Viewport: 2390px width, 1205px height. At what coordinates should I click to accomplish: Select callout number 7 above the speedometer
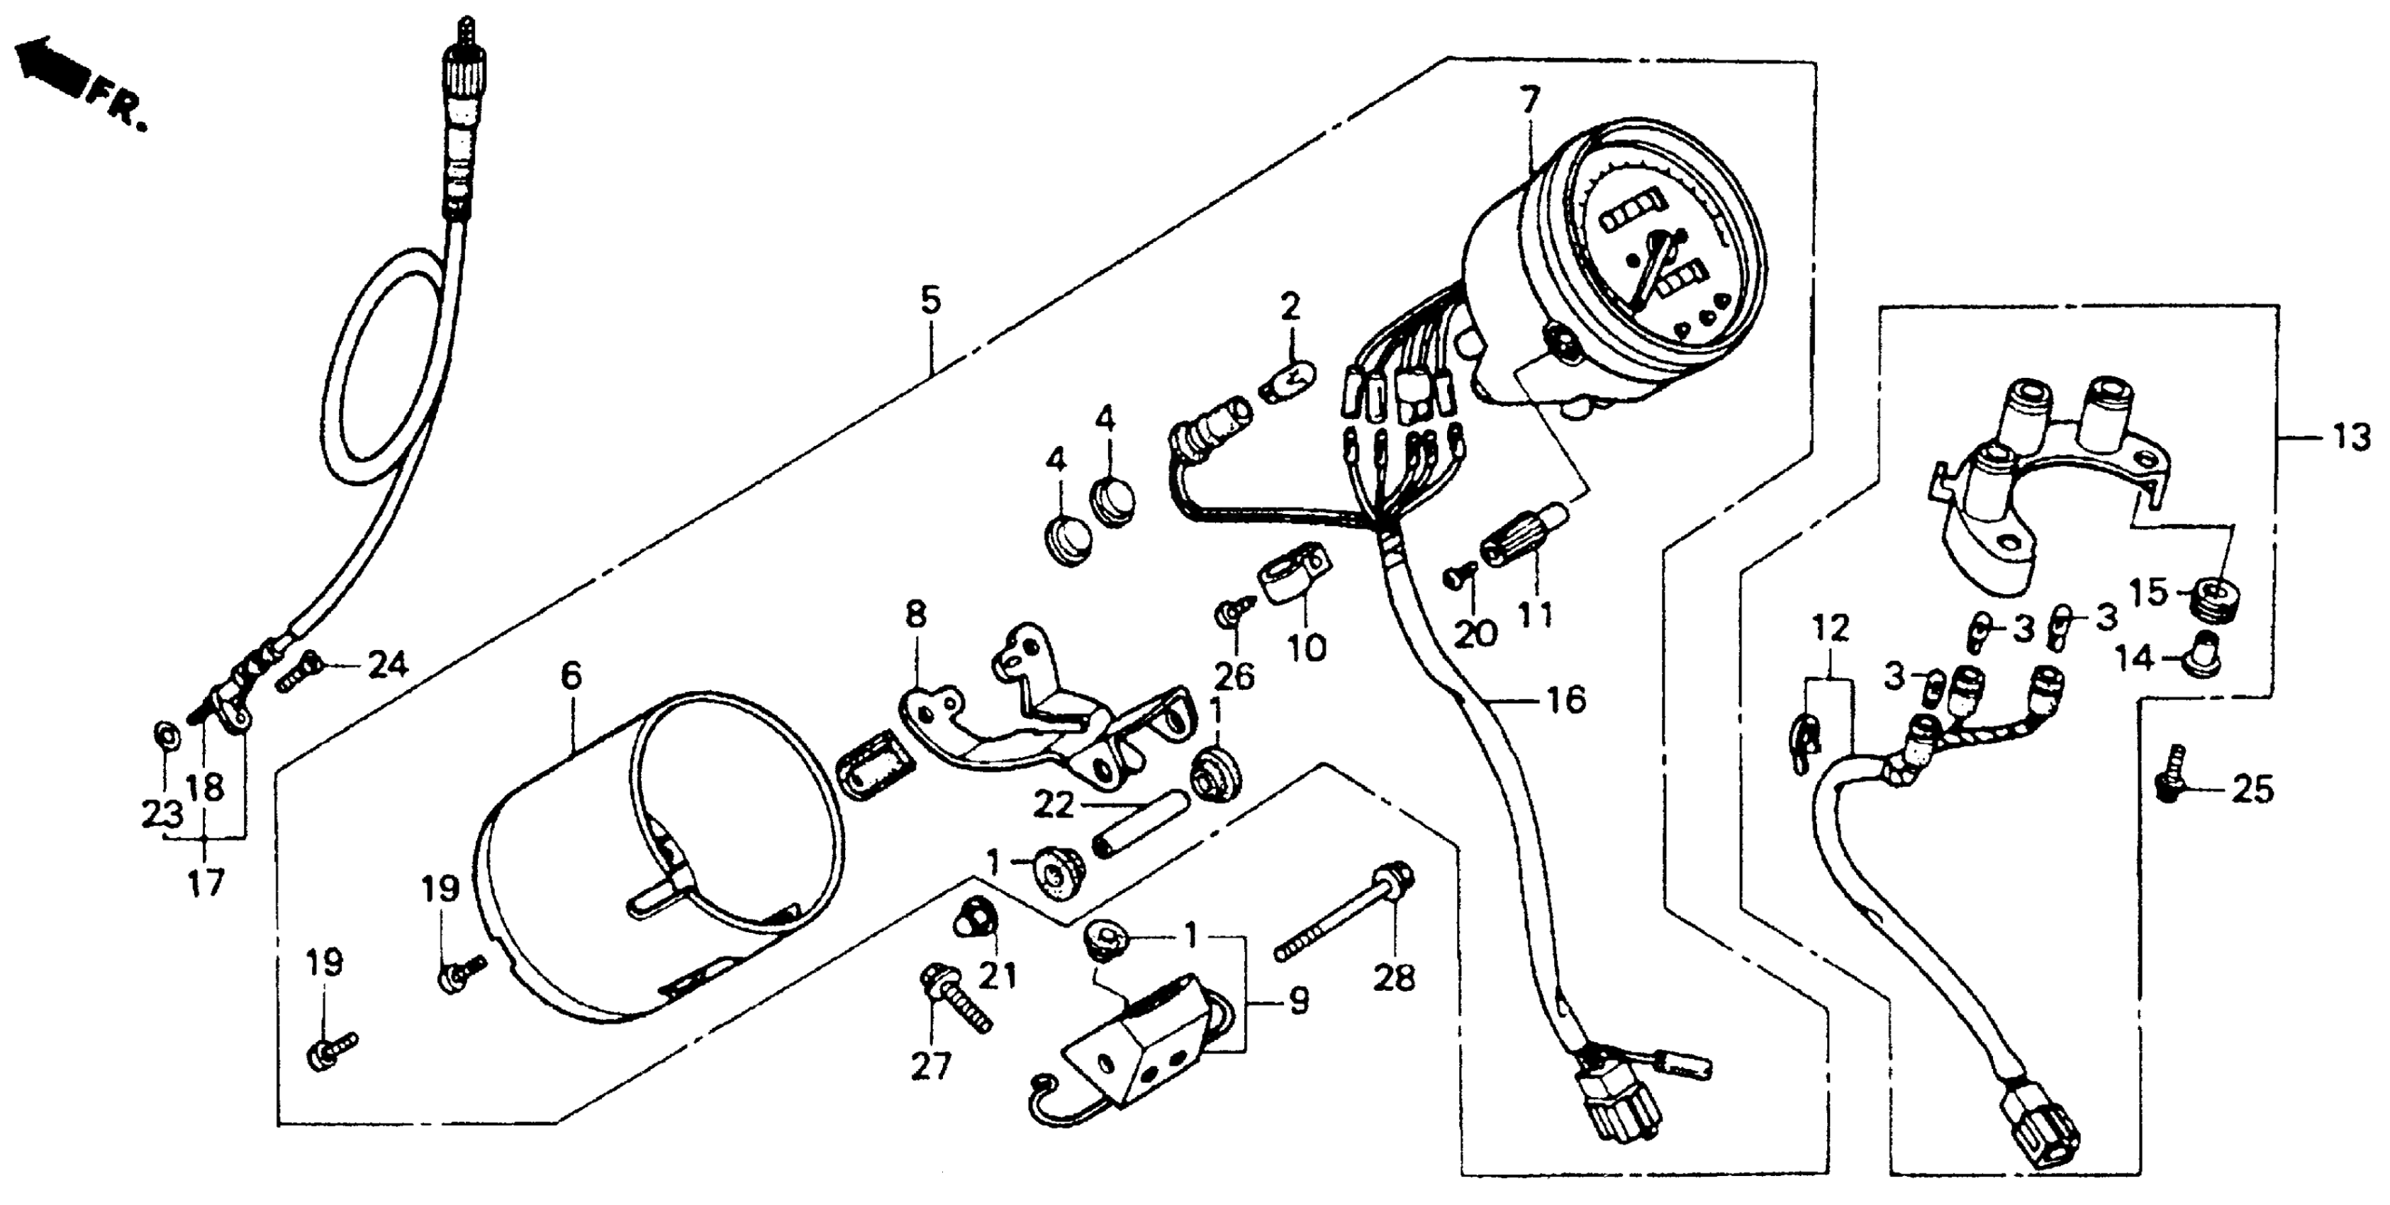(x=1528, y=99)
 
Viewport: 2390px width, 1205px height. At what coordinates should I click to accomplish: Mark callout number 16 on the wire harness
(x=1566, y=700)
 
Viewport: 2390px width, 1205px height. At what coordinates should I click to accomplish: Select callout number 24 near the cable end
(x=387, y=664)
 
